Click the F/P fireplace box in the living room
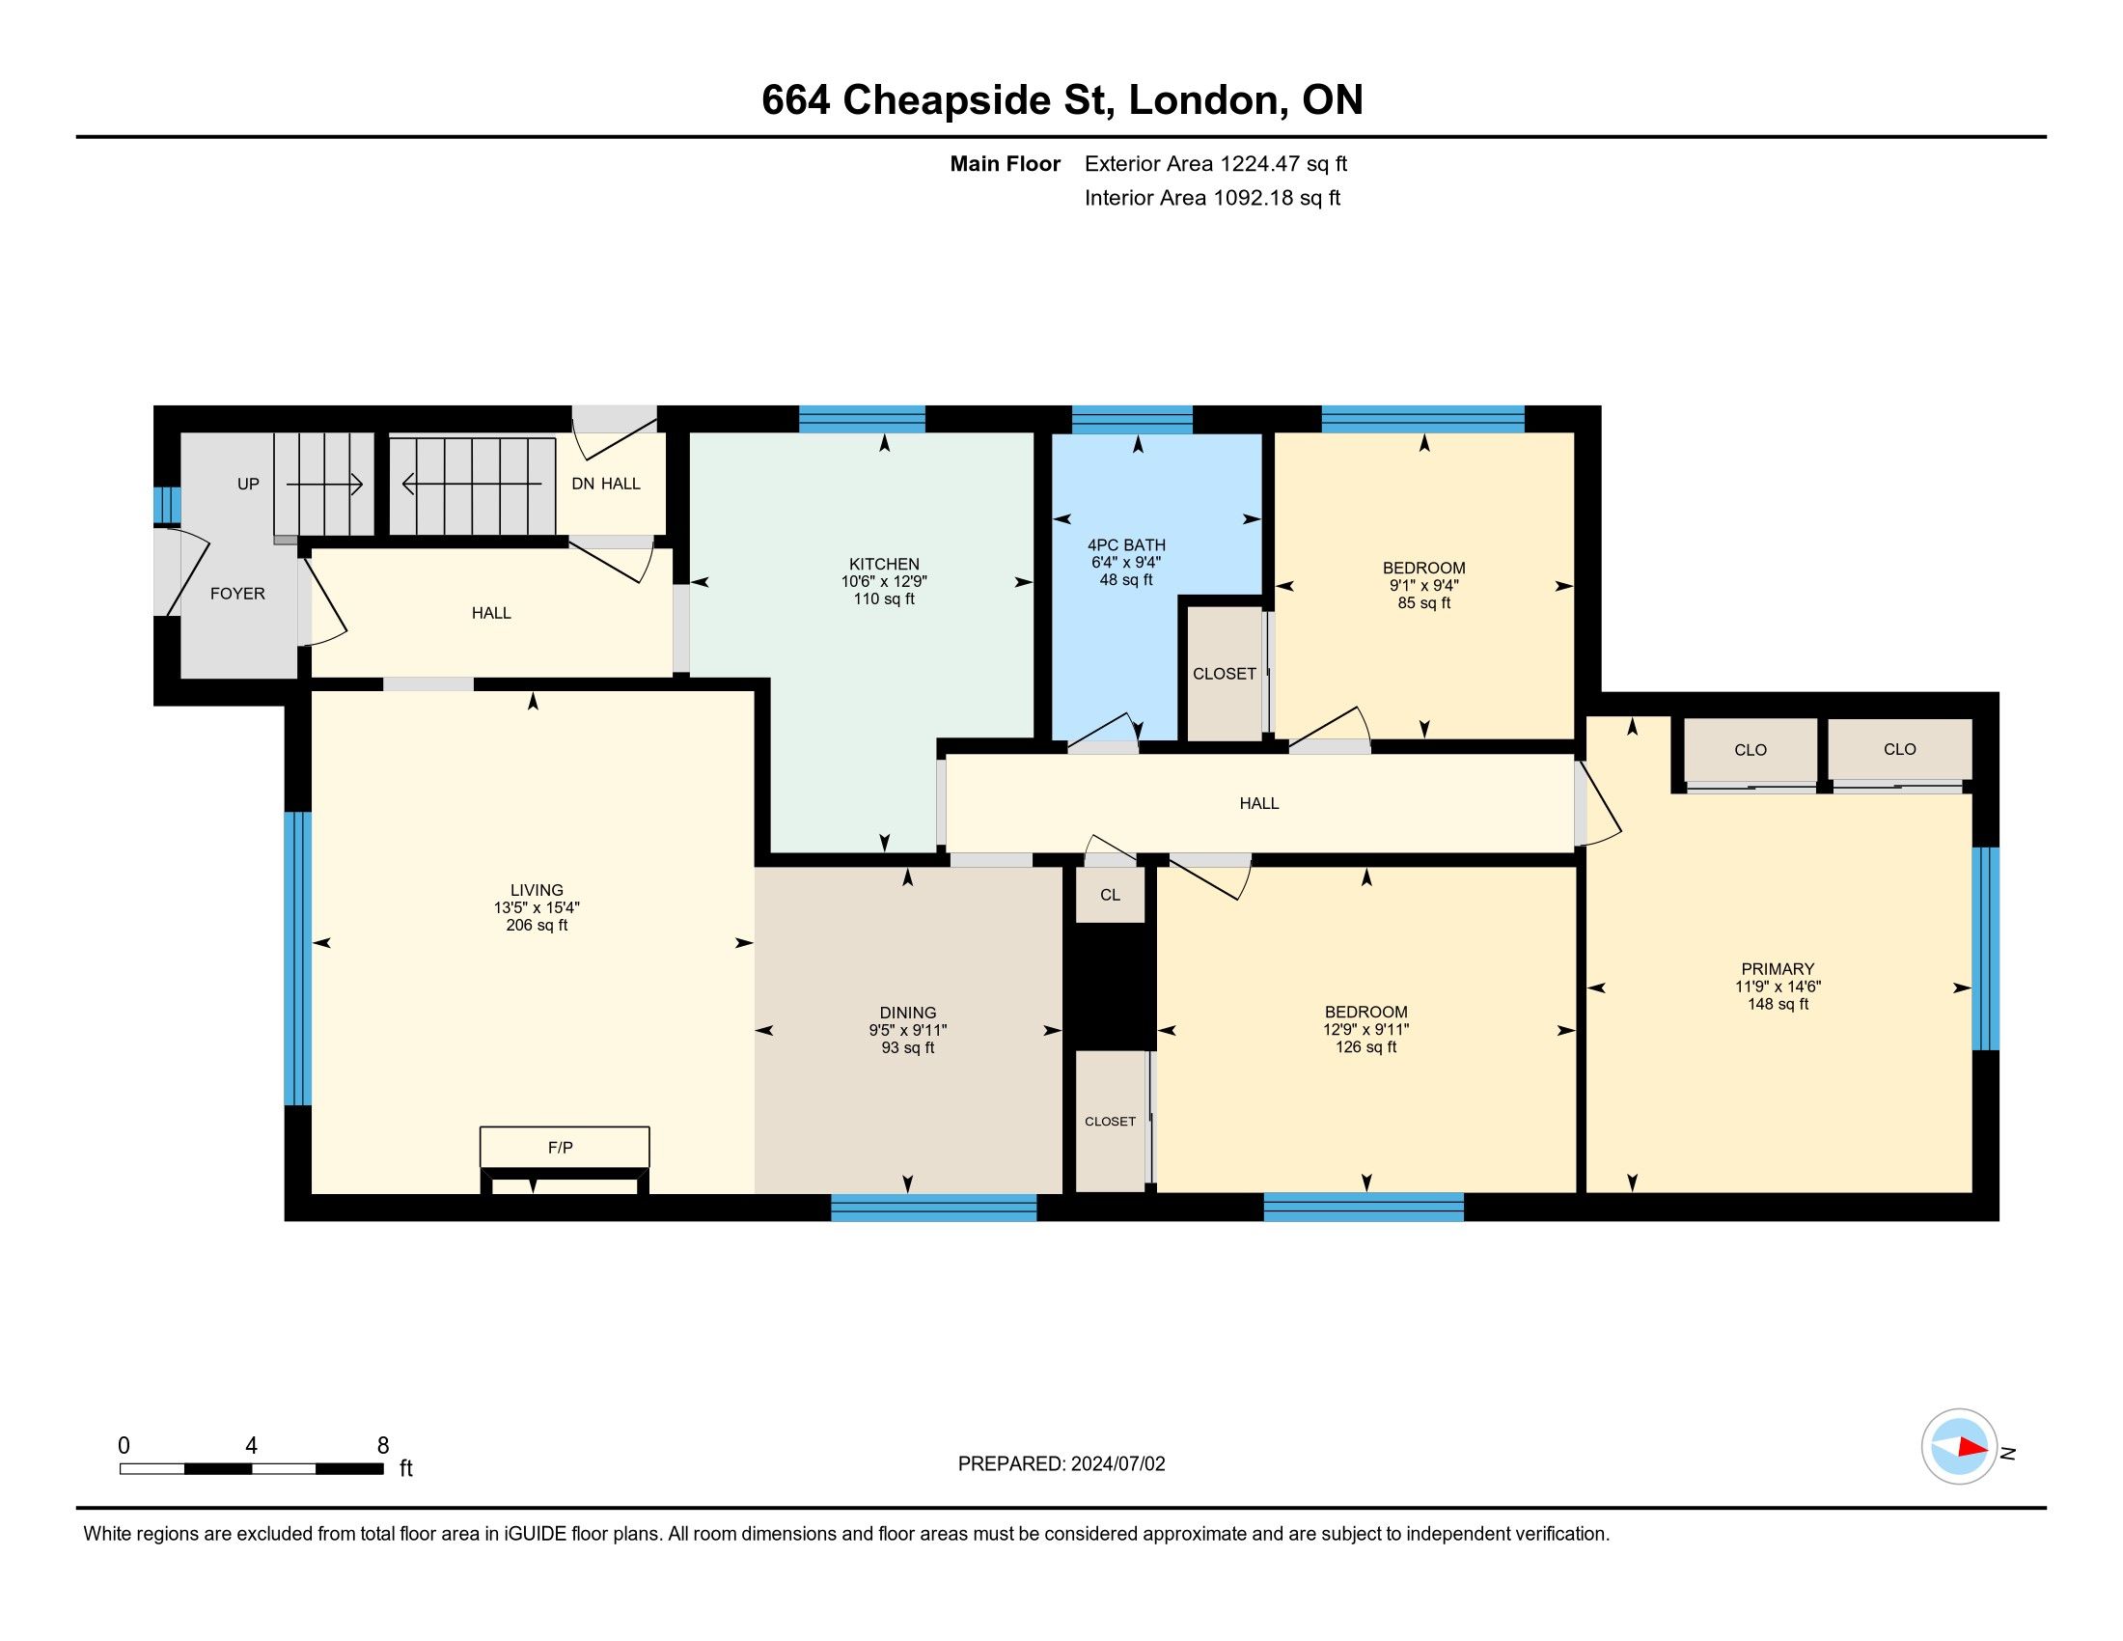tap(564, 1147)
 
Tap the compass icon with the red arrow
tap(1959, 1447)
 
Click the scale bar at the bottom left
tap(252, 1469)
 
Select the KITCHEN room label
tap(884, 564)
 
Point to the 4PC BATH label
tap(1125, 545)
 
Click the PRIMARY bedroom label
tap(1777, 969)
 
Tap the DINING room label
tap(908, 1013)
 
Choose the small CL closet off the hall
tap(1110, 895)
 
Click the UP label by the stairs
tap(248, 485)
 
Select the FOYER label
tap(237, 594)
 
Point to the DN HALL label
tap(606, 485)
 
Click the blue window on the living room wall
tap(297, 959)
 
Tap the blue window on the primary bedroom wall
tap(1985, 949)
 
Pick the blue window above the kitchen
tap(862, 419)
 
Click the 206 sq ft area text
tap(537, 926)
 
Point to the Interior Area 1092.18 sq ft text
tap(1212, 198)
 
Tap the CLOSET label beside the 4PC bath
tap(1224, 674)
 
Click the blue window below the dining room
tap(934, 1208)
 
